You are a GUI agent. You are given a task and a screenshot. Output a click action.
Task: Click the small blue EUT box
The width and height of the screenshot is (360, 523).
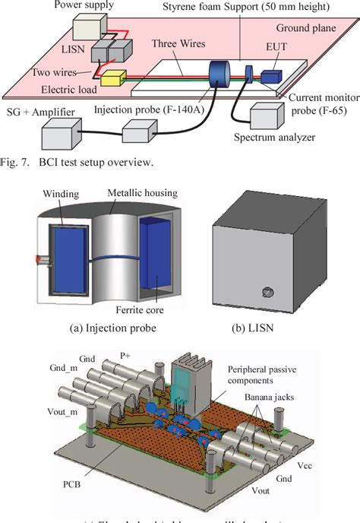(x=272, y=76)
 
